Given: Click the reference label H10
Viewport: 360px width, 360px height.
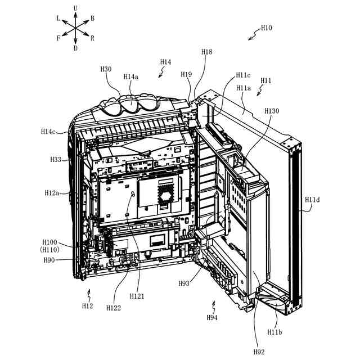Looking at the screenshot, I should pyautogui.click(x=266, y=28).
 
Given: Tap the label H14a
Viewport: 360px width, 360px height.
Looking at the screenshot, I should pyautogui.click(x=131, y=77).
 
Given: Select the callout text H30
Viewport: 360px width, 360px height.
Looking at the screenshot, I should pyautogui.click(x=106, y=69).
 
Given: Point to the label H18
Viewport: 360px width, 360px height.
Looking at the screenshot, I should pyautogui.click(x=207, y=52).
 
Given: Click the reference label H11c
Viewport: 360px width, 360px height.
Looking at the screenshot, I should pyautogui.click(x=244, y=75).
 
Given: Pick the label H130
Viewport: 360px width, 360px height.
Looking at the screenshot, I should pyautogui.click(x=272, y=111).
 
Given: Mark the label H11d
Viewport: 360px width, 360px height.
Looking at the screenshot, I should pyautogui.click(x=312, y=200).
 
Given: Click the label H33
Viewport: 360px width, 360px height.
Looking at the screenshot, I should pyautogui.click(x=55, y=160).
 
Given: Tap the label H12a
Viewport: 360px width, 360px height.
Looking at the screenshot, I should pyautogui.click(x=52, y=193).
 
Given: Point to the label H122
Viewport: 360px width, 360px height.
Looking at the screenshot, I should pyautogui.click(x=114, y=308).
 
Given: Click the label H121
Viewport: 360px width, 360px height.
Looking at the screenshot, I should pyautogui.click(x=137, y=296).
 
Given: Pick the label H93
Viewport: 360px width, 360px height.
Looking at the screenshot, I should pyautogui.click(x=183, y=283).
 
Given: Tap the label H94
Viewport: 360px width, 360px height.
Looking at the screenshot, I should pyautogui.click(x=211, y=318).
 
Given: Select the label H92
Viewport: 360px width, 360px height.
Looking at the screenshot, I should pyautogui.click(x=259, y=352).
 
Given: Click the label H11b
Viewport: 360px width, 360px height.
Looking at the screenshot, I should pyautogui.click(x=275, y=332).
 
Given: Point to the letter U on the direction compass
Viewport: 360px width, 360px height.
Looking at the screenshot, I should pyautogui.click(x=75, y=7).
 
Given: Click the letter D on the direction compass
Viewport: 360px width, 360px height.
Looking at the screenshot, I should pyautogui.click(x=75, y=48).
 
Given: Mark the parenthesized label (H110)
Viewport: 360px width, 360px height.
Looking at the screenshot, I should pyautogui.click(x=49, y=249).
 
